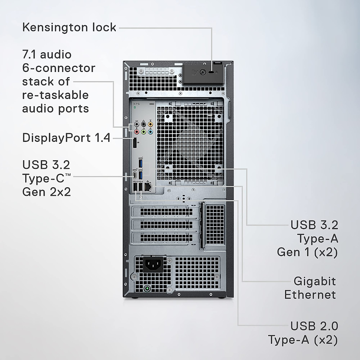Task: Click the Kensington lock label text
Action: tap(69, 27)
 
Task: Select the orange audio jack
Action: tap(150, 124)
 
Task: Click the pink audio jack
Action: tap(137, 131)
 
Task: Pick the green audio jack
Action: tap(144, 131)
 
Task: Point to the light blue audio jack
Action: tap(150, 131)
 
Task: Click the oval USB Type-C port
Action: tap(135, 175)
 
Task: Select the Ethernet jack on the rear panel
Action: tap(148, 187)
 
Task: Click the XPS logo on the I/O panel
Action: tap(136, 104)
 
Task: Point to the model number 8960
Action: tap(151, 104)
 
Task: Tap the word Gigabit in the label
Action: tap(314, 281)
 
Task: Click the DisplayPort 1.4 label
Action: tap(66, 138)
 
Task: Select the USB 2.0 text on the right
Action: tap(314, 326)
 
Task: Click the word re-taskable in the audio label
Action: tap(55, 95)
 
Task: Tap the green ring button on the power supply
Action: tap(147, 289)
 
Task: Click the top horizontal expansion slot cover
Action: tap(166, 211)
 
